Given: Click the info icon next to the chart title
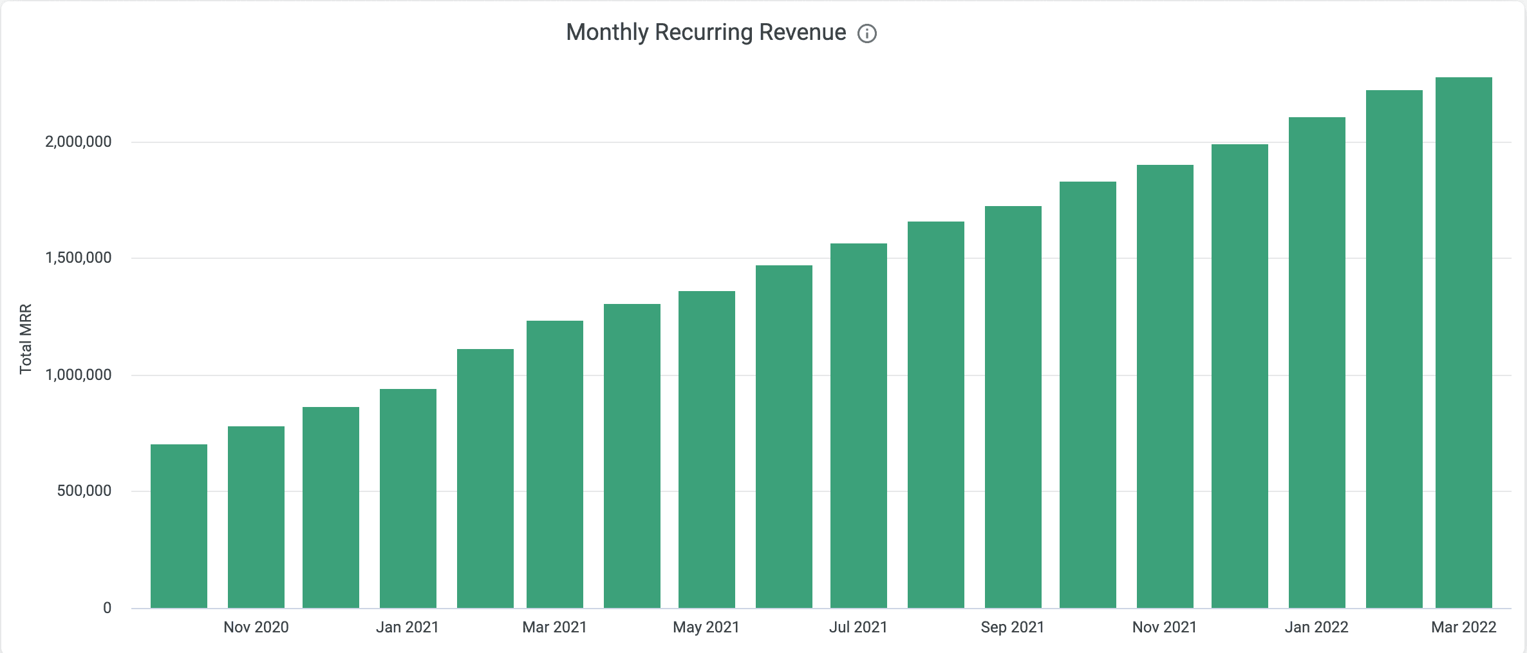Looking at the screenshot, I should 867,33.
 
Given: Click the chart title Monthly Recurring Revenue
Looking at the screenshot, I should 706,32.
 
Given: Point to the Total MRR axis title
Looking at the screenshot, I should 26,339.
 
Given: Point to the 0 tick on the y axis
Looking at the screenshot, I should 107,608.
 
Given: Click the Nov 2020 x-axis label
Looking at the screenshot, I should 256,627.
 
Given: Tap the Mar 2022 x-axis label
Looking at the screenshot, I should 1463,627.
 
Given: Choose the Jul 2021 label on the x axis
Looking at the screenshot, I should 858,627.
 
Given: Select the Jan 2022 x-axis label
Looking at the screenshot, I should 1316,627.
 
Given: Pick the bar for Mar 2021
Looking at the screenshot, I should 555,464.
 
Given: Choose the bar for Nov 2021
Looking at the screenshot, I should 1165,386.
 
